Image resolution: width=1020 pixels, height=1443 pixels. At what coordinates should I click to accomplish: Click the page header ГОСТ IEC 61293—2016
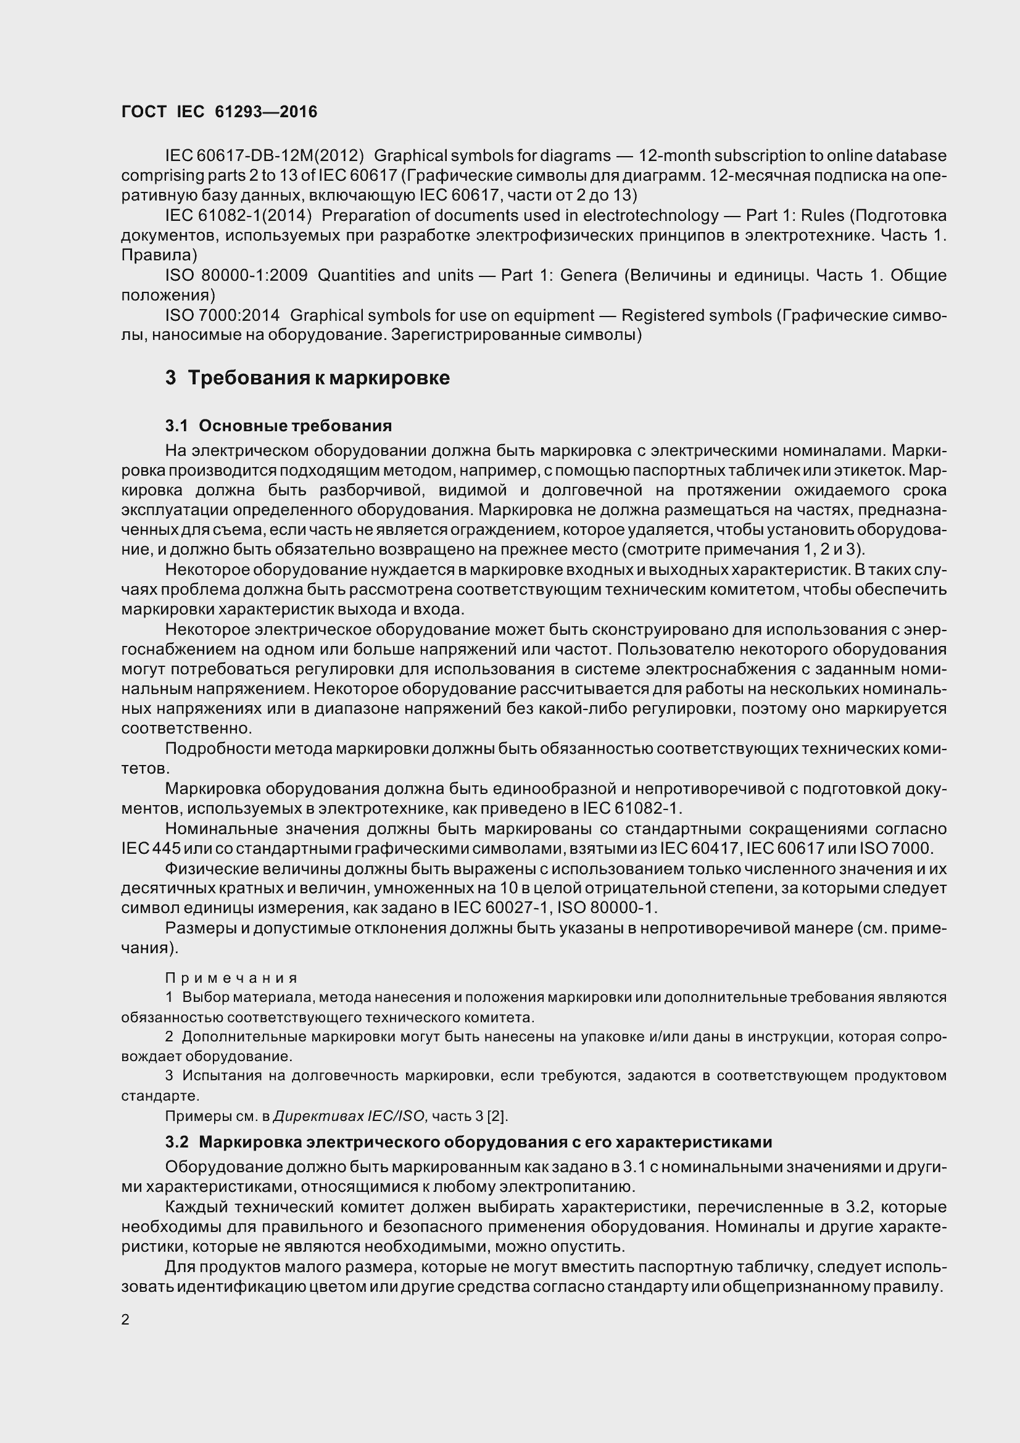(219, 112)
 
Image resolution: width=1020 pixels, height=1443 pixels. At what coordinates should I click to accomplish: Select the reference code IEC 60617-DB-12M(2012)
(265, 155)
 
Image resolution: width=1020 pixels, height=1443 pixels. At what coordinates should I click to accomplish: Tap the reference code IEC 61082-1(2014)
(238, 215)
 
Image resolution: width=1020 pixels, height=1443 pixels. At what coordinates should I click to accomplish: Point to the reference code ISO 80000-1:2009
(236, 275)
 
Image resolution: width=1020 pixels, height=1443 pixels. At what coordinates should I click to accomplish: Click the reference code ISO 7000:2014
(223, 315)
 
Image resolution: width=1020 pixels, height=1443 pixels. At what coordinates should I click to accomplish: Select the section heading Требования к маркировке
(318, 378)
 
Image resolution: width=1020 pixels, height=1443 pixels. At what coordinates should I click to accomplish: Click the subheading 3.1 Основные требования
(278, 426)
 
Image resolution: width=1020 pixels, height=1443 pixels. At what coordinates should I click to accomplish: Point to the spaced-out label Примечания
(231, 978)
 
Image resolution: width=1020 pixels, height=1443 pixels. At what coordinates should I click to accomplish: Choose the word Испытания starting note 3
(220, 1076)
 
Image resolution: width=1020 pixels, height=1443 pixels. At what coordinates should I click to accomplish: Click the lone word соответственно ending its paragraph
(186, 729)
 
